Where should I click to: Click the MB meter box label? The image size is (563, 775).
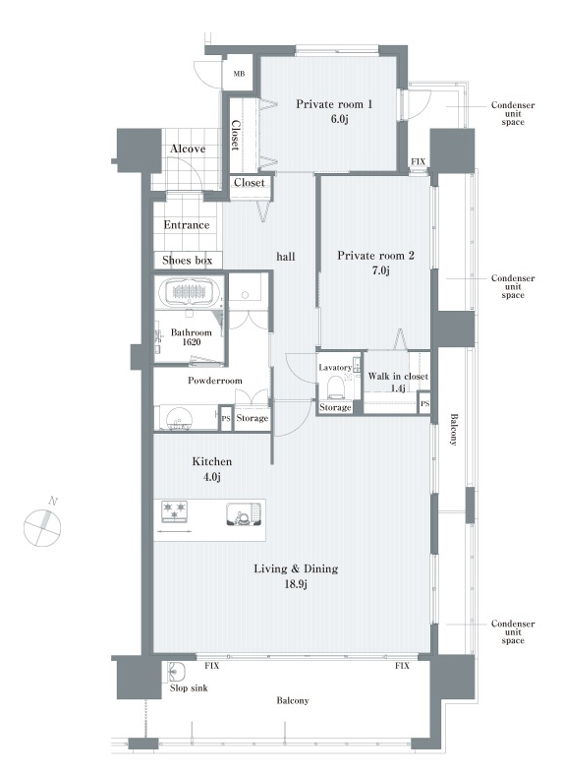[x=239, y=74]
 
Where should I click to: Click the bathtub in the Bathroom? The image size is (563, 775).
[x=191, y=294]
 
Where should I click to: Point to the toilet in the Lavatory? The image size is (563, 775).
[x=335, y=386]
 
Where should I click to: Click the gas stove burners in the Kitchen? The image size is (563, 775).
[x=174, y=511]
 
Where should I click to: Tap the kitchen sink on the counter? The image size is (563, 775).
[x=244, y=514]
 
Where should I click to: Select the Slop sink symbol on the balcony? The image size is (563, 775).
[x=176, y=671]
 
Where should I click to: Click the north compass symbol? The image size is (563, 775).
[x=43, y=527]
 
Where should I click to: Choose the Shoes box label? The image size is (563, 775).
[x=187, y=260]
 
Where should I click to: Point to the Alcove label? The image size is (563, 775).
[x=188, y=149]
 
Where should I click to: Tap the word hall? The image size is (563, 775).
[x=286, y=256]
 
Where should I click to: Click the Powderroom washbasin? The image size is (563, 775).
[x=178, y=418]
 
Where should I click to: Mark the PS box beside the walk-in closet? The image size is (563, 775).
[x=424, y=404]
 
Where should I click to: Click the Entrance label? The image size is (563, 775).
[x=187, y=225]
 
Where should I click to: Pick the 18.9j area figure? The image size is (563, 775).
[x=296, y=584]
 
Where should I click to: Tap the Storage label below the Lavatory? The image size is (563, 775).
[x=335, y=407]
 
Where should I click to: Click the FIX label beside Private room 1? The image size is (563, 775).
[x=419, y=162]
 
